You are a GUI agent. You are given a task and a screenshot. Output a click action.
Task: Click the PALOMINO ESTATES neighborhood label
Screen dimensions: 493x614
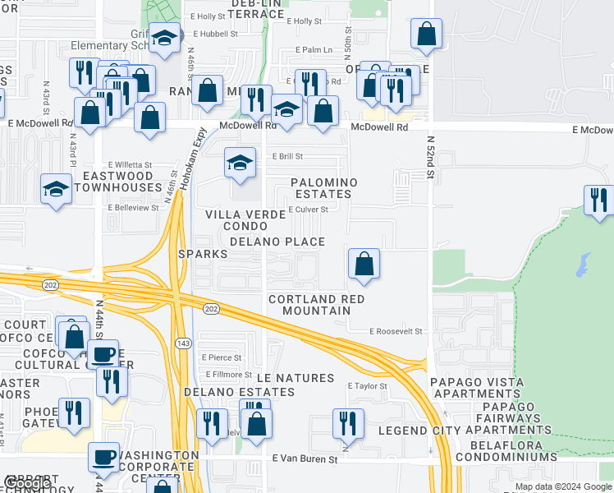click(323, 188)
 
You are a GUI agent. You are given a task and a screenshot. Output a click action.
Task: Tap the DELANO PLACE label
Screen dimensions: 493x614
click(277, 242)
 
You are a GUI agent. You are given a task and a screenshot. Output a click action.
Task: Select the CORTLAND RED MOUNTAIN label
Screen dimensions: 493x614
click(309, 305)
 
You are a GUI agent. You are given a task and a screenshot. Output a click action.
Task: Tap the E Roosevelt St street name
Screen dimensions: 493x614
click(395, 331)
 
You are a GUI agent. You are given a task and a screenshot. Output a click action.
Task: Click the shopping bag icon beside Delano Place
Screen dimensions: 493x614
click(364, 265)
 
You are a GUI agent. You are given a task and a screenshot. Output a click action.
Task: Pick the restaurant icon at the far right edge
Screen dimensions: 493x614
click(599, 200)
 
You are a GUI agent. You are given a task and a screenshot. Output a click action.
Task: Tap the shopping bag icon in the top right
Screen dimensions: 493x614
click(426, 35)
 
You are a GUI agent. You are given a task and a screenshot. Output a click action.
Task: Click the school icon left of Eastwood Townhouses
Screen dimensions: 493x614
click(56, 188)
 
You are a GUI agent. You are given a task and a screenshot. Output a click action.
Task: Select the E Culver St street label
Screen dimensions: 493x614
click(308, 210)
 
